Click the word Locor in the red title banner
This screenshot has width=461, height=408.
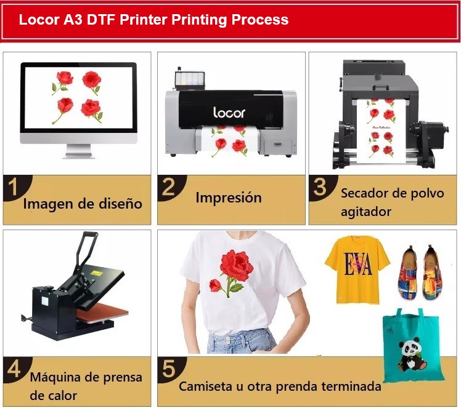(39, 20)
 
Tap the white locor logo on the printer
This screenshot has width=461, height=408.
(229, 113)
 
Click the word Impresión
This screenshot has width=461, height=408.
(229, 198)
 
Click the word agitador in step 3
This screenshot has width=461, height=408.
(366, 212)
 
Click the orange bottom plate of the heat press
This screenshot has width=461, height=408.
(102, 315)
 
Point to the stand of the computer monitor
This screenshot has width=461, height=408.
(79, 151)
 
